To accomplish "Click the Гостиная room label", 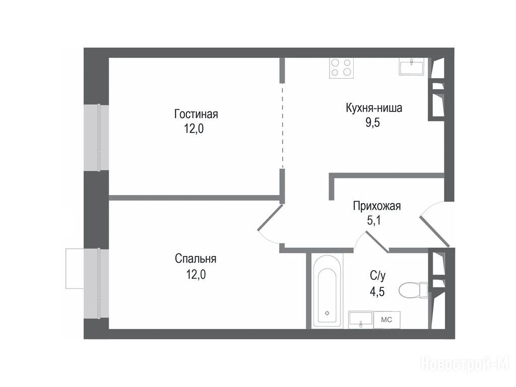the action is [x=196, y=114].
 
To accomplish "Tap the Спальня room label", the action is [x=196, y=259].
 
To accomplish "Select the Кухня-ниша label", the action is [x=374, y=108].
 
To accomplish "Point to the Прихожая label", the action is [x=377, y=206].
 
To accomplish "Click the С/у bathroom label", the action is [x=377, y=276].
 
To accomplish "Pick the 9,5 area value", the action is [x=372, y=122].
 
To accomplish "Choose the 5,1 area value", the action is [x=374, y=220].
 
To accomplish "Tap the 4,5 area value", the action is [x=377, y=292].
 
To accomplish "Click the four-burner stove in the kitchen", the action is [x=341, y=68].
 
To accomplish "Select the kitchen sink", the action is [x=411, y=67].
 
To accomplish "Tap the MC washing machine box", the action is [x=386, y=319].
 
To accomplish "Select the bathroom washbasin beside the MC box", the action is [x=361, y=319].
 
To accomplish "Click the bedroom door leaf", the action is [x=270, y=217].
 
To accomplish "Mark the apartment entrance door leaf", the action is [x=434, y=231].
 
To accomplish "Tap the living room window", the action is [x=96, y=138].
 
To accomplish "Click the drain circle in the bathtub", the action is [x=327, y=313].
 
